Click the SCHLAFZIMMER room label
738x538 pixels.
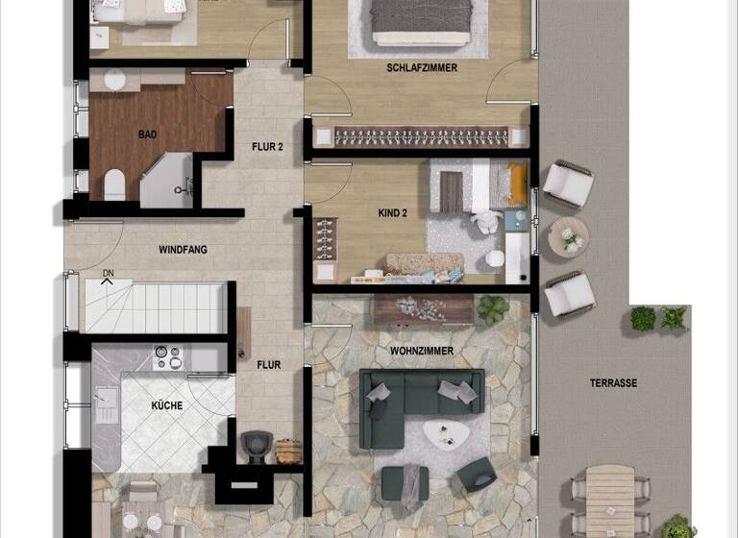[422, 68]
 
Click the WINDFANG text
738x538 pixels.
[183, 250]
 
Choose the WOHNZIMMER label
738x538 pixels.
[422, 352]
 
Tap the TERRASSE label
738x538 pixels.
[613, 383]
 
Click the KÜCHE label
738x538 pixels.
[166, 406]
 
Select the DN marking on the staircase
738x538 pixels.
[109, 274]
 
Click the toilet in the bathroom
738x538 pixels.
[114, 183]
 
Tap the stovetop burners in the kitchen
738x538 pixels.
[167, 357]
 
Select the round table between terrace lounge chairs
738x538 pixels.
[568, 236]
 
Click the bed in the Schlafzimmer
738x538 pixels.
[422, 21]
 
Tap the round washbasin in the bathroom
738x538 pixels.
[115, 80]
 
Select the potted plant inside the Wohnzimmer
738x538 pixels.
[493, 308]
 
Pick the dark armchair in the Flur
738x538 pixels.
[256, 445]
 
